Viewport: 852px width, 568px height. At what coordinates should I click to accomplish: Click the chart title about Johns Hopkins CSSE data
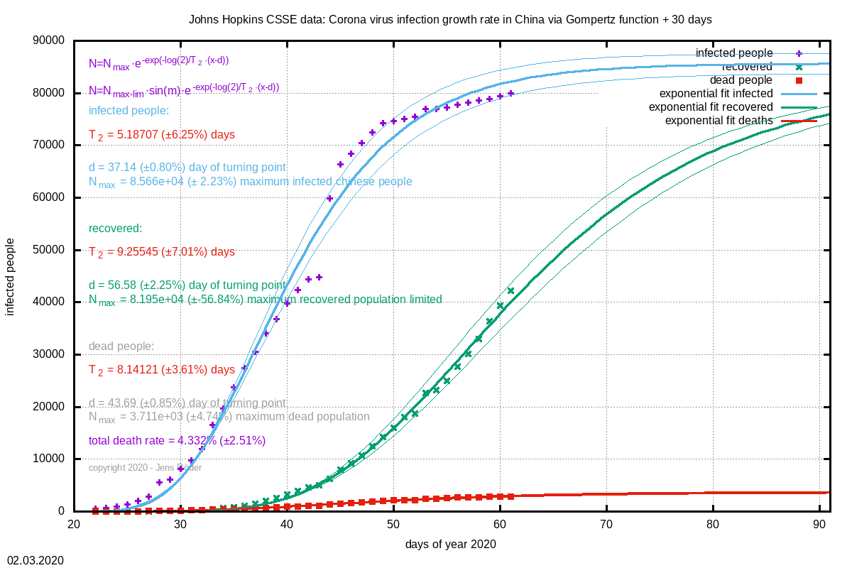click(x=450, y=19)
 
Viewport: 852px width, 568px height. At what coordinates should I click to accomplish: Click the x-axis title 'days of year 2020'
click(x=450, y=545)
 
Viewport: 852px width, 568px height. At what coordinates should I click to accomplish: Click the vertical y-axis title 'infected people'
click(x=11, y=275)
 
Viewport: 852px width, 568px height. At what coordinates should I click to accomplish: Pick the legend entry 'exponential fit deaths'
click(x=719, y=121)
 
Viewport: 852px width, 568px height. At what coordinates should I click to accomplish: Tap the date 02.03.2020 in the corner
click(x=35, y=560)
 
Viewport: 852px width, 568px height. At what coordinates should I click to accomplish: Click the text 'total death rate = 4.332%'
click(x=177, y=441)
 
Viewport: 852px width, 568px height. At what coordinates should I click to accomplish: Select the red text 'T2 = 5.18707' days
click(x=161, y=134)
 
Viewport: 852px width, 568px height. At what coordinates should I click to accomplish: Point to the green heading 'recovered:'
click(x=115, y=228)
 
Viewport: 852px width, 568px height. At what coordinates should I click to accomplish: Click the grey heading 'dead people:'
click(x=121, y=346)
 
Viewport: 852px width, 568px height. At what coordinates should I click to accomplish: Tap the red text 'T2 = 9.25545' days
click(x=161, y=252)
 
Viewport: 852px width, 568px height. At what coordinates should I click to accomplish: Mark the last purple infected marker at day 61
click(x=510, y=93)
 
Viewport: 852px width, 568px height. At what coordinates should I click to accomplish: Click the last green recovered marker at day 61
click(x=510, y=290)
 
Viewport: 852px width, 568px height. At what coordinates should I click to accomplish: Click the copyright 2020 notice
click(x=145, y=468)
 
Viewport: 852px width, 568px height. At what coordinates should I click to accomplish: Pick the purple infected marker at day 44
click(x=329, y=198)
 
